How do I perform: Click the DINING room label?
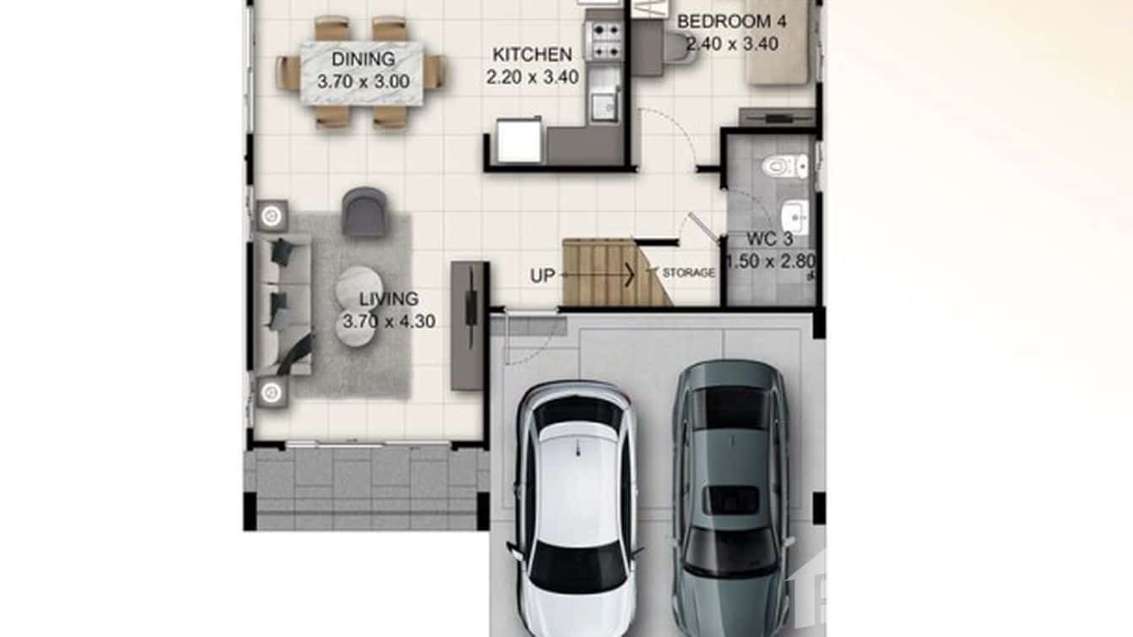point(363,60)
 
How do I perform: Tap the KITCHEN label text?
point(532,55)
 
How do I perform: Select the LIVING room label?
point(388,299)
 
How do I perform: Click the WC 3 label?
point(768,239)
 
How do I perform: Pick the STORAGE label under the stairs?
point(688,273)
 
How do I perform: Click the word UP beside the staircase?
point(542,275)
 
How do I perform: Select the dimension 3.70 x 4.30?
point(388,322)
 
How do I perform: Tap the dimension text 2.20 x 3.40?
point(532,78)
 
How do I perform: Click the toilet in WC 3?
point(783,166)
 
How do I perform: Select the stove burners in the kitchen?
point(604,41)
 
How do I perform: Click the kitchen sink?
point(604,106)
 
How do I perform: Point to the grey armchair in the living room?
point(365,210)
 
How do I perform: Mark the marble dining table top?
point(362,73)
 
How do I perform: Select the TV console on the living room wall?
point(468,325)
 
